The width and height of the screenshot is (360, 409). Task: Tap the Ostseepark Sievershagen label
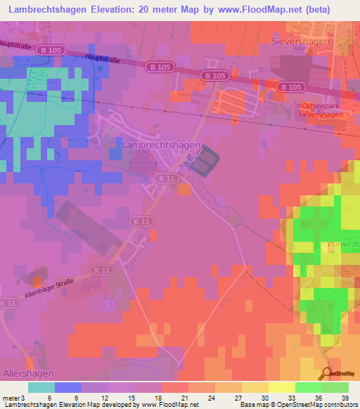coord(321,109)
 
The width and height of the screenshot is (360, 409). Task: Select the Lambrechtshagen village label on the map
coord(161,144)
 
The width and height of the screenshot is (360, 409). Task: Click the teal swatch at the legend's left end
coord(41,387)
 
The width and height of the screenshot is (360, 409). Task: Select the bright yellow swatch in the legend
coord(281,387)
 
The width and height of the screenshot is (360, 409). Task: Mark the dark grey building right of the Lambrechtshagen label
coord(205,164)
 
